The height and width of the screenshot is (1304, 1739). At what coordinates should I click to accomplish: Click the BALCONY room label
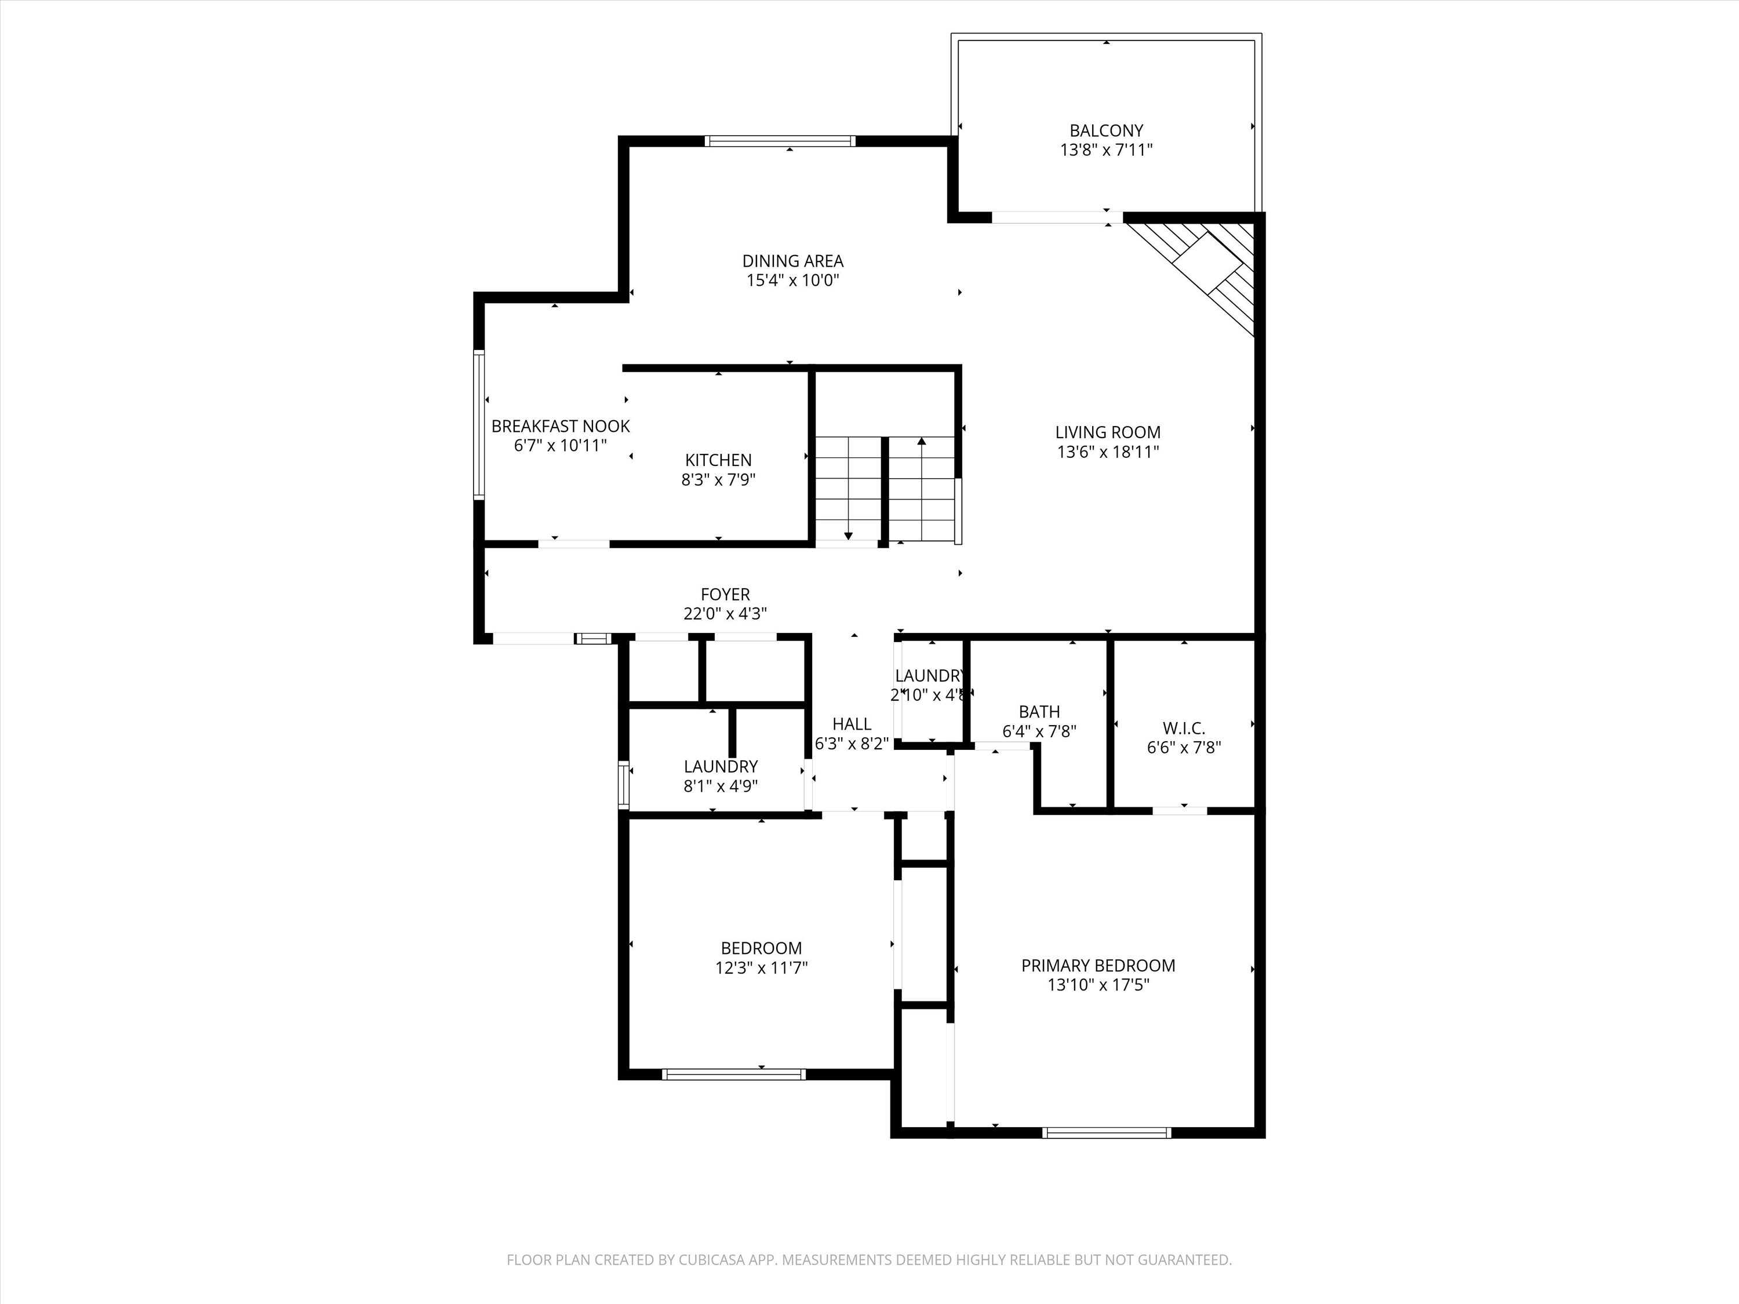tap(1105, 130)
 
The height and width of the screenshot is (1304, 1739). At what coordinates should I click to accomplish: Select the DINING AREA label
tap(792, 261)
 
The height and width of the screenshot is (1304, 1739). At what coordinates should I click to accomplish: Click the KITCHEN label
tap(718, 460)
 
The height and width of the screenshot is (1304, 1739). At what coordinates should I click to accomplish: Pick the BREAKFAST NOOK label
tap(561, 426)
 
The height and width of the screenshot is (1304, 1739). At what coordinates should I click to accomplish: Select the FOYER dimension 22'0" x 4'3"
tap(725, 614)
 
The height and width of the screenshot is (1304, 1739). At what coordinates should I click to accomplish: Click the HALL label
tap(852, 724)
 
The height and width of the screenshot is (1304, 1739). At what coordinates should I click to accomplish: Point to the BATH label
tap(1039, 711)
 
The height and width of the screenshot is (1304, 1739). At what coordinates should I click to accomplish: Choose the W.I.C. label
tap(1183, 728)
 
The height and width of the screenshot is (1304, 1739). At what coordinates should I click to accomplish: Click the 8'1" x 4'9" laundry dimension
tap(720, 786)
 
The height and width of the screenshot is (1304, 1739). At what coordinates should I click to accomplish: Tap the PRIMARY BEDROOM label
tap(1097, 965)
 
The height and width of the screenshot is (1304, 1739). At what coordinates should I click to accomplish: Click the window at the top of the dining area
tap(780, 141)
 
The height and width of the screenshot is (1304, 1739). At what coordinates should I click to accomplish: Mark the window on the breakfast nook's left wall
tap(478, 424)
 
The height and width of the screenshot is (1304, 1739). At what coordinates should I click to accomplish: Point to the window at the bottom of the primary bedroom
tap(1106, 1132)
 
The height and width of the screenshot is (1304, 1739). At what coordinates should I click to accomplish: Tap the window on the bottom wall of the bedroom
tap(733, 1074)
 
